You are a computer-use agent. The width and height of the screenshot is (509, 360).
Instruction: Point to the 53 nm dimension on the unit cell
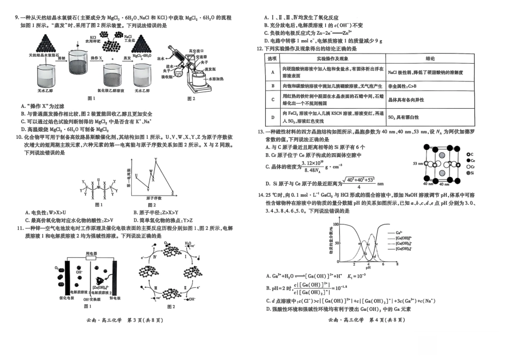pyautogui.click(x=418, y=163)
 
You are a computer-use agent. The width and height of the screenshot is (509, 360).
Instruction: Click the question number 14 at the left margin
pyautogui.click(x=260, y=195)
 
